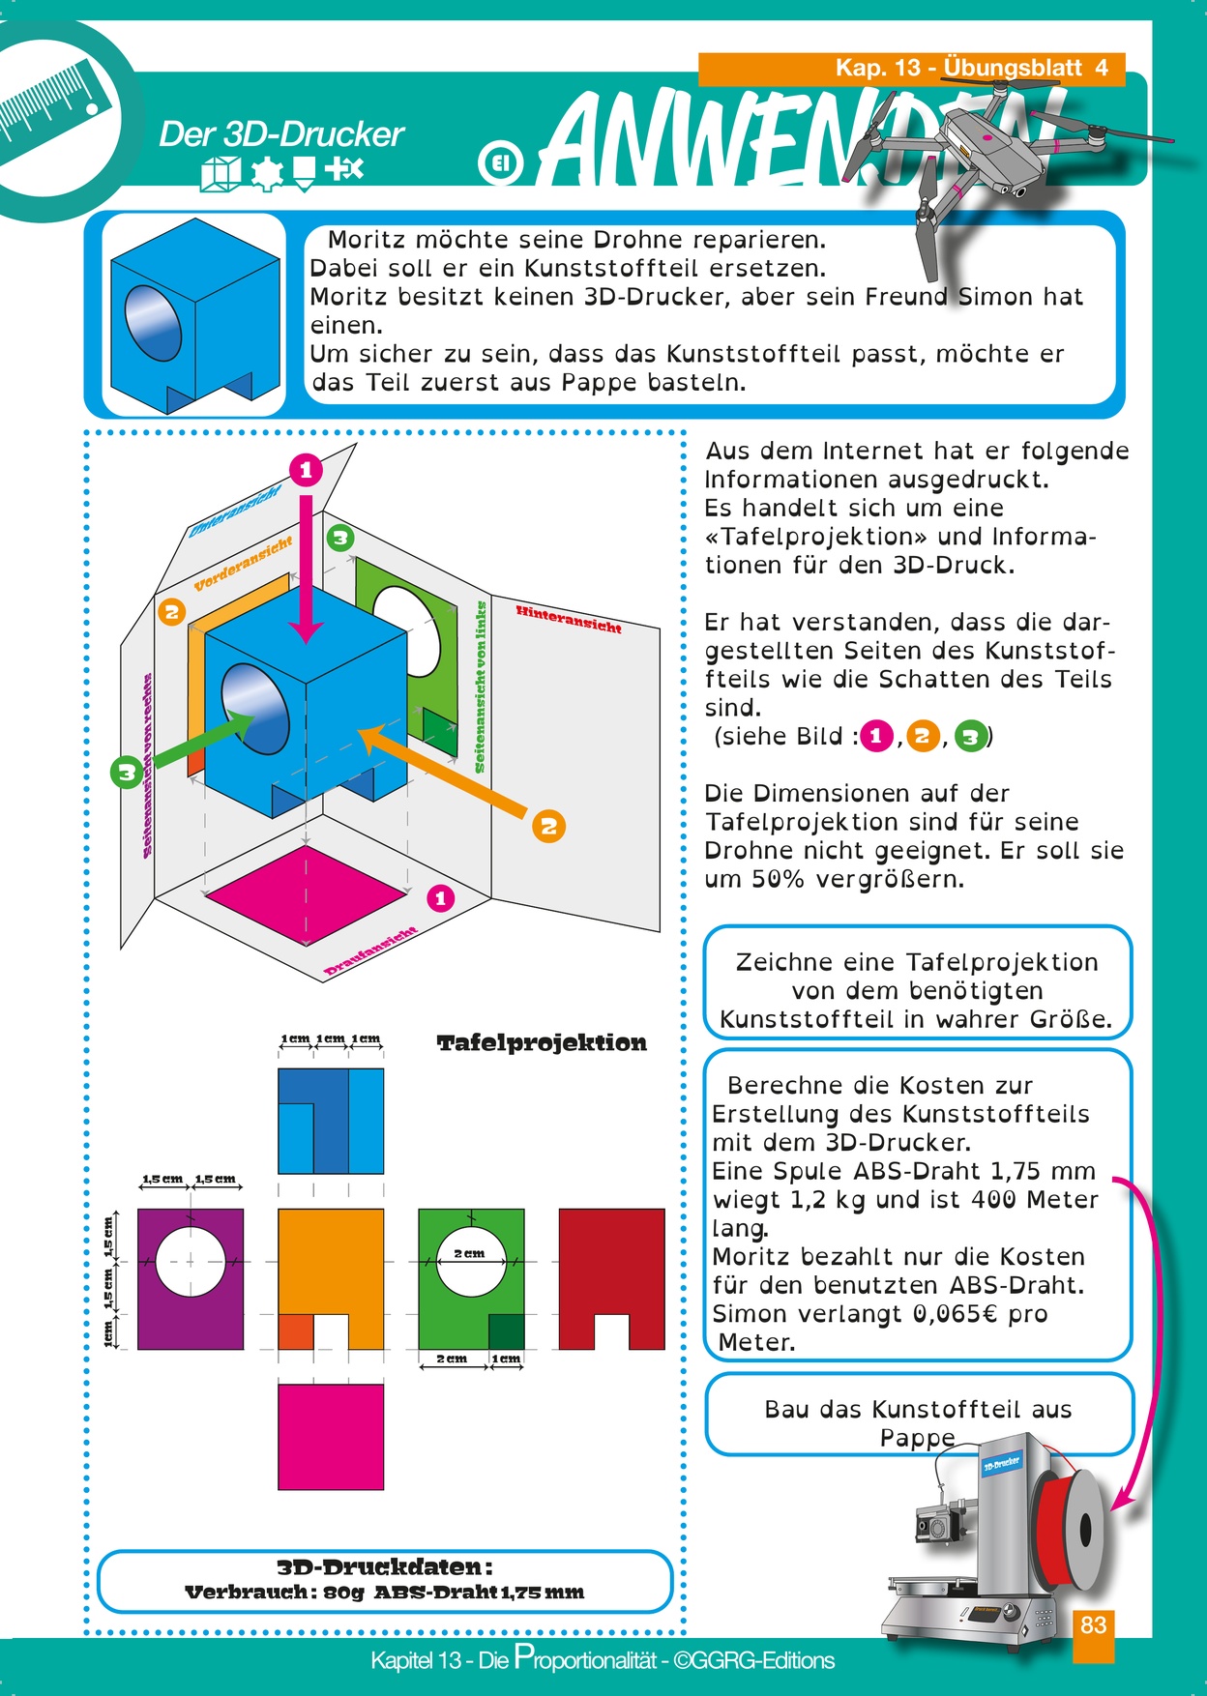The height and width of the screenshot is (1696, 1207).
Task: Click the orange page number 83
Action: point(1093,1624)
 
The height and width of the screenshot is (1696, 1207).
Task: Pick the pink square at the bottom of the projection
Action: point(331,1437)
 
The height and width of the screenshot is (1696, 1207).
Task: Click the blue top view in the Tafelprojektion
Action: point(331,1121)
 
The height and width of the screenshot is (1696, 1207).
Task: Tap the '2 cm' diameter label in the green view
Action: point(470,1253)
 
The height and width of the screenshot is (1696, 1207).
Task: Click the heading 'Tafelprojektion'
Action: point(542,1043)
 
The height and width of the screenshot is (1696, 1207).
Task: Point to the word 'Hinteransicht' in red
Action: point(569,619)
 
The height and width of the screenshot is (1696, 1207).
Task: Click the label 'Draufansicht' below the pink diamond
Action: point(371,950)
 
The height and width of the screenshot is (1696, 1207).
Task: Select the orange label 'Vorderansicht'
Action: point(243,564)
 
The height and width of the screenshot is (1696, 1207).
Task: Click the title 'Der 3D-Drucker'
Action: point(280,134)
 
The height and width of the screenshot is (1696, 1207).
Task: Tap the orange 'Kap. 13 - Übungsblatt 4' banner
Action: point(911,69)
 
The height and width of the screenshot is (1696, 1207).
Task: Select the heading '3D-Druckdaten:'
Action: point(385,1567)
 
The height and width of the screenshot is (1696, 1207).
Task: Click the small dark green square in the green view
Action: point(507,1331)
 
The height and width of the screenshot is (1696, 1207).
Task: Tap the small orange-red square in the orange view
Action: point(296,1331)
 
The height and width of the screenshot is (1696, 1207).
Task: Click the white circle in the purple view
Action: point(191,1262)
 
